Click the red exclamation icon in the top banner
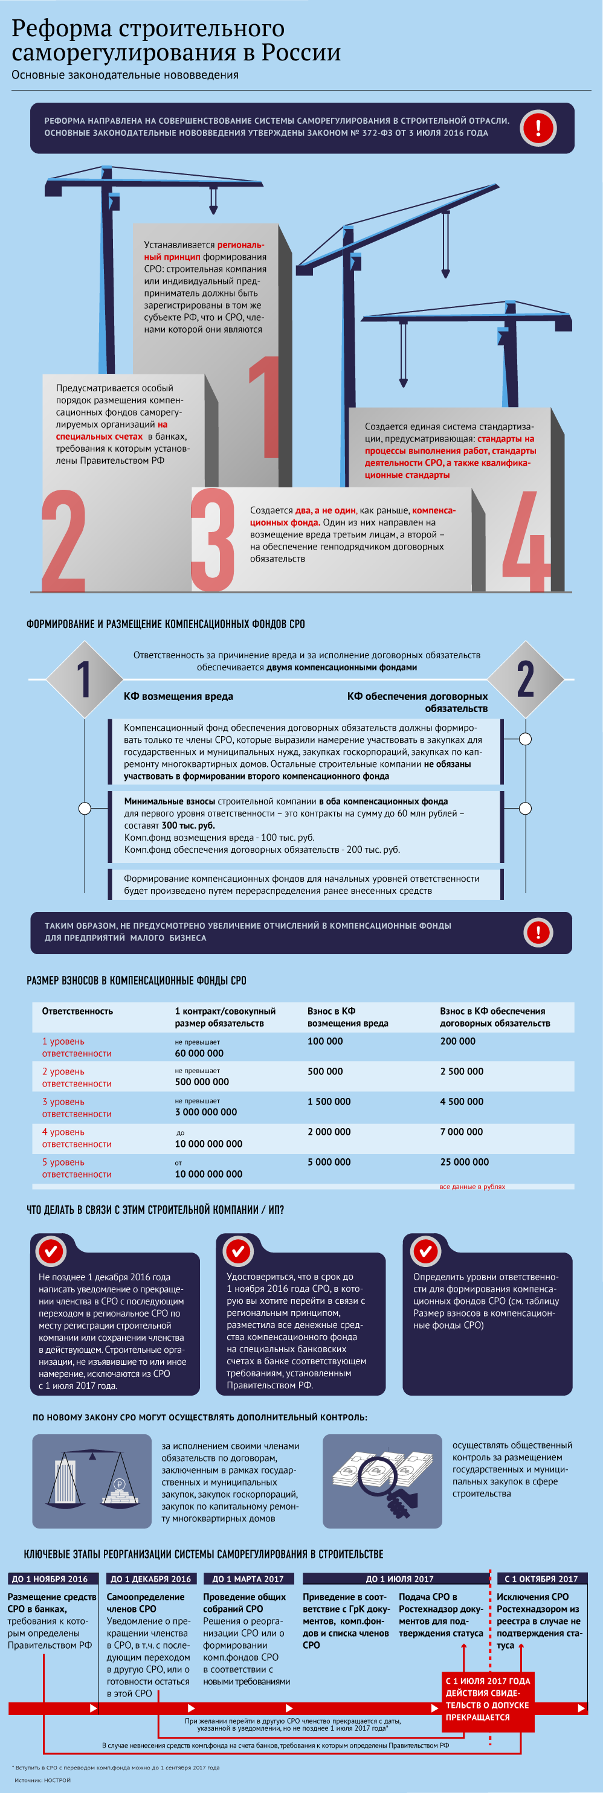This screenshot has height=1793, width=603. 538,128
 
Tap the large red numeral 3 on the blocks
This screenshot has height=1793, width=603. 212,539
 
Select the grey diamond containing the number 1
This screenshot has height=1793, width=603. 84,679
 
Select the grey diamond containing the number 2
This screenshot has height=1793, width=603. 525,679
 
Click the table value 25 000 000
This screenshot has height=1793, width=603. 464,1162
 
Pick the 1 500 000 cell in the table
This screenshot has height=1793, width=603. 329,1101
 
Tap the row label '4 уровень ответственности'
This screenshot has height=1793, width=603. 77,1137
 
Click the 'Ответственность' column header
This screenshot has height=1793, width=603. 77,1011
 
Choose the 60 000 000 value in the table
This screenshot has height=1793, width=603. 199,1053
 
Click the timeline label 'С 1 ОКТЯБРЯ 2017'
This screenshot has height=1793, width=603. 540,1579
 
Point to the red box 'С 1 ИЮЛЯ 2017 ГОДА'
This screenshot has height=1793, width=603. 488,1699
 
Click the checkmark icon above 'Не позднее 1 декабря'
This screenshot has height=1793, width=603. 50,1251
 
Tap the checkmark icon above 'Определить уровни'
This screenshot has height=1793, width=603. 425,1251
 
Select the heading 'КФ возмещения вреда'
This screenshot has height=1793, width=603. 178,696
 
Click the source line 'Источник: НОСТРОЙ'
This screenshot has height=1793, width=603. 42,1780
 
